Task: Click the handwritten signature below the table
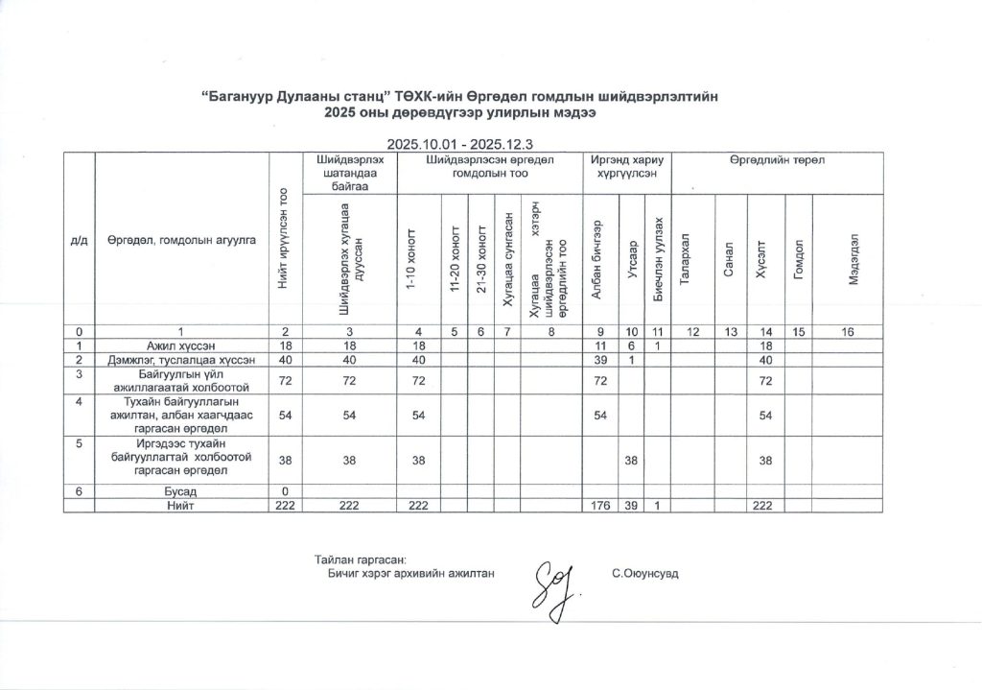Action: tap(555, 585)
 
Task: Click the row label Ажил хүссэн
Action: tap(180, 344)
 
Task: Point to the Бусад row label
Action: tap(180, 491)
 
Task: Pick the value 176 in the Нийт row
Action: tap(600, 505)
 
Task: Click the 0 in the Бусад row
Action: tap(285, 491)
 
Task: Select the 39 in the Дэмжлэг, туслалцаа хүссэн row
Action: tap(600, 359)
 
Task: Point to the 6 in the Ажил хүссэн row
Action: tap(631, 344)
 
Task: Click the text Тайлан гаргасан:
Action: tap(361, 559)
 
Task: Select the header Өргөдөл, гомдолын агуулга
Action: tap(181, 239)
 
